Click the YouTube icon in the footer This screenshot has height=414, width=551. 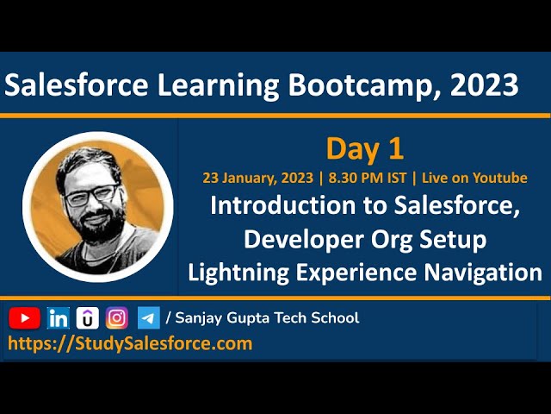[x=25, y=318]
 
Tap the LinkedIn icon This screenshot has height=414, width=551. [x=59, y=318]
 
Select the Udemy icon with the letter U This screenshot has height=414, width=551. [x=87, y=318]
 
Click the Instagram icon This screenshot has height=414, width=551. [x=117, y=318]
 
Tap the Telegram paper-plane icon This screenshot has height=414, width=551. [x=148, y=318]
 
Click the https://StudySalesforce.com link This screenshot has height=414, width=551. [x=130, y=343]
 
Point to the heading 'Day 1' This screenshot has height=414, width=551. [x=364, y=148]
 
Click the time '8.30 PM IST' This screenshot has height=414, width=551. [x=366, y=178]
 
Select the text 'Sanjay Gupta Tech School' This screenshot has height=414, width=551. [x=267, y=318]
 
